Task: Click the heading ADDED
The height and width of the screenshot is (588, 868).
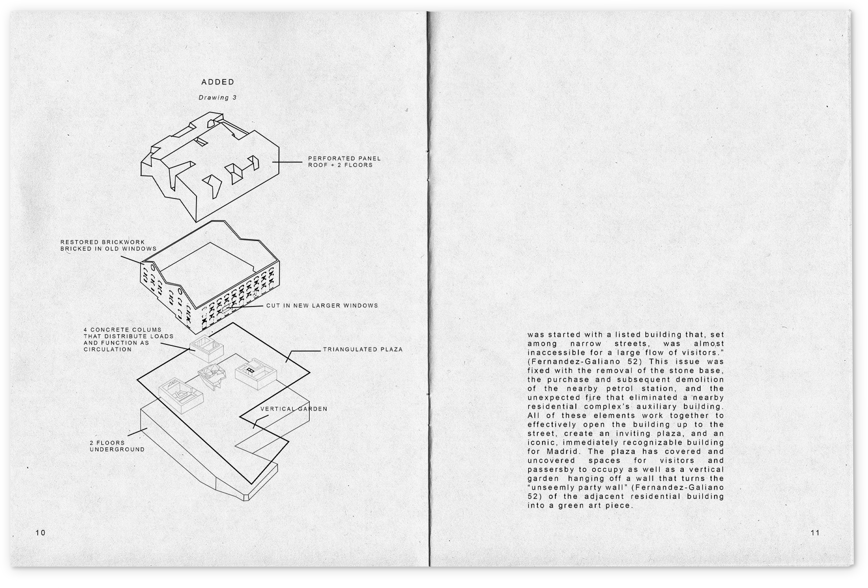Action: pos(218,82)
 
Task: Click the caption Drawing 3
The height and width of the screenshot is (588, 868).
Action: pos(218,97)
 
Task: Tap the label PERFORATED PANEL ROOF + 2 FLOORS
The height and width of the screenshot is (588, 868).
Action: pos(344,162)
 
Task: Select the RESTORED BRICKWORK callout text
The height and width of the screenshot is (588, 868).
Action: pos(108,245)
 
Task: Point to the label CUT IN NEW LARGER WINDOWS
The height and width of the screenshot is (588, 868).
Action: pos(322,306)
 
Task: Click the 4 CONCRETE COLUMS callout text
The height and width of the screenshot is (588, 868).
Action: pos(128,339)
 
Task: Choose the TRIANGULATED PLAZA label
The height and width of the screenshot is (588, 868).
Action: pos(362,350)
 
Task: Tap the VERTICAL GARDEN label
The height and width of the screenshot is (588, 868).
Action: pos(293,409)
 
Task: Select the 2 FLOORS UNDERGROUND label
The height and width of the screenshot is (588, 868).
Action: pos(117,446)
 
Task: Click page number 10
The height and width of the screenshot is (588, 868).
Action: pos(40,533)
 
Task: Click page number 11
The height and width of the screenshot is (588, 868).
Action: pos(815,533)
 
